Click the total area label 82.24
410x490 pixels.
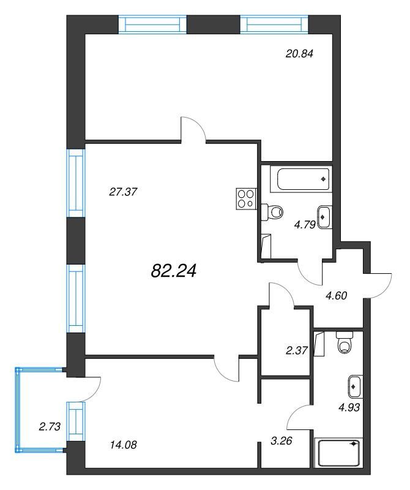click(173, 271)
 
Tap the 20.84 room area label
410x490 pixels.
click(299, 54)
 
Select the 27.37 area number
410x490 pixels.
click(123, 192)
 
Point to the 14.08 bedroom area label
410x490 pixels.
click(124, 445)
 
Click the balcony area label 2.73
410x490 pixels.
click(50, 426)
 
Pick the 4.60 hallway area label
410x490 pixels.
click(336, 295)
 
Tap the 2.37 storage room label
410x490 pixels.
click(297, 350)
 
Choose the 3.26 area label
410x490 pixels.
click(281, 440)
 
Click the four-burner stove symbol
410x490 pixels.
click(246, 199)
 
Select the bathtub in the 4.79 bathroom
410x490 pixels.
click(300, 179)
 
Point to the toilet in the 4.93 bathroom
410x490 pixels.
click(345, 342)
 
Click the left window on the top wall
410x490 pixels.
click(152, 24)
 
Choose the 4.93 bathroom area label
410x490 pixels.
click(349, 407)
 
